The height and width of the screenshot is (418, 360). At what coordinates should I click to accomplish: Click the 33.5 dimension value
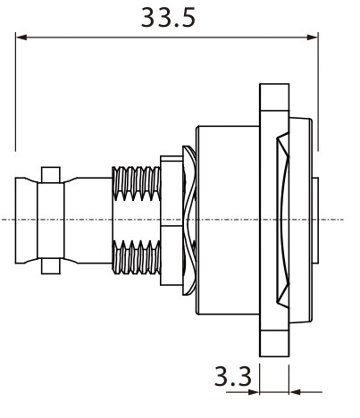(168, 18)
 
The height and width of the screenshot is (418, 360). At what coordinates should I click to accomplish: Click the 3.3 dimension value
(233, 376)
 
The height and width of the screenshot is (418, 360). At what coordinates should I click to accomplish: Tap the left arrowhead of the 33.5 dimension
(21, 38)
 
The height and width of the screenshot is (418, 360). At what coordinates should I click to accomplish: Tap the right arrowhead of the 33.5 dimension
(312, 38)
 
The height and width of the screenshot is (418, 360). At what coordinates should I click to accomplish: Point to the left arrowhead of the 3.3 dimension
(254, 392)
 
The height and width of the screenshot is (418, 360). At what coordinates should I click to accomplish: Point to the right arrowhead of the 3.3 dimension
(295, 392)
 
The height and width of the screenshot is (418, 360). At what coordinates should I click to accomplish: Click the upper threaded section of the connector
(137, 183)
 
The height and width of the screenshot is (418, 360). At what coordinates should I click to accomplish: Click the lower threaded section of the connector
(137, 257)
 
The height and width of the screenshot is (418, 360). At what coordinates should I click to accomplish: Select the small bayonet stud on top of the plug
(51, 175)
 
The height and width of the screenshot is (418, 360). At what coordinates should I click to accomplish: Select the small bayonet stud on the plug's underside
(51, 266)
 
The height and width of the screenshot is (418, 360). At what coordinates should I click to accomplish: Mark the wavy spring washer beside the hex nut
(189, 221)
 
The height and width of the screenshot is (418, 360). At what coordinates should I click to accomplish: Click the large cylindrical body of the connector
(228, 220)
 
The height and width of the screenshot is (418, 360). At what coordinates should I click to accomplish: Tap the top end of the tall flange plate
(274, 97)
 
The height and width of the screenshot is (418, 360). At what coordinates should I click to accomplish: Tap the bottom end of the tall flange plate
(274, 343)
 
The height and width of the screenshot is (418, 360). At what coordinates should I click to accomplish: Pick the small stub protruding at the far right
(315, 221)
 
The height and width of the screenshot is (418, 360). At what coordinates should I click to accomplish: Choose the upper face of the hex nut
(172, 190)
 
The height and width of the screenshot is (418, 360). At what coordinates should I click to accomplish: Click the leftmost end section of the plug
(26, 221)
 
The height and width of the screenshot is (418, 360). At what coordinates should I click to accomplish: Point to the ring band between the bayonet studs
(51, 221)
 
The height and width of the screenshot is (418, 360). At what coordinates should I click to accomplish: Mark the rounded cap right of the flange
(301, 221)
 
